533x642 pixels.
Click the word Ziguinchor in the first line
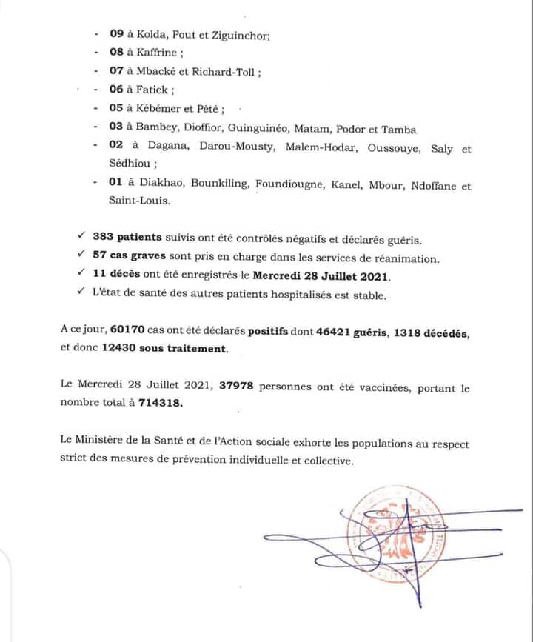[x=239, y=34]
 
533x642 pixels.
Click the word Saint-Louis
[x=129, y=200]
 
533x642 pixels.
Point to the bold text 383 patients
[x=127, y=239]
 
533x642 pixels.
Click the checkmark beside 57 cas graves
[x=81, y=258]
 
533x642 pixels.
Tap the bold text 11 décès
[x=118, y=276]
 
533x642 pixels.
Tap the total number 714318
[x=156, y=402]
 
